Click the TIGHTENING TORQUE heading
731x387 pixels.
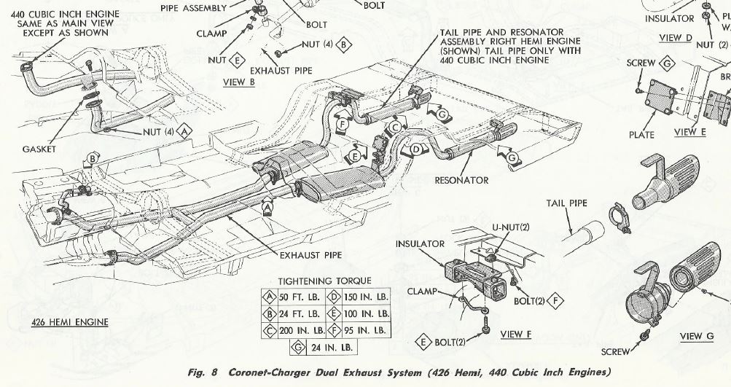(x=325, y=281)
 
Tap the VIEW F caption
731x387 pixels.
(x=516, y=335)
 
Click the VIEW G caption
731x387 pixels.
(x=697, y=337)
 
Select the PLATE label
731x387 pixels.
(x=641, y=135)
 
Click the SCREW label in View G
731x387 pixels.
(x=615, y=351)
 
